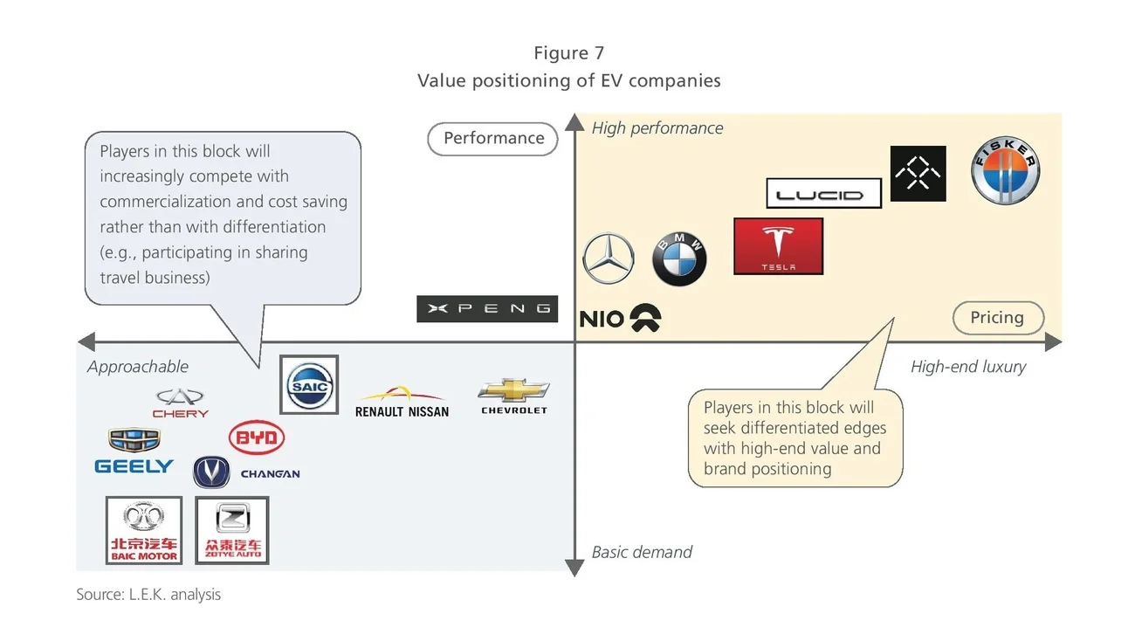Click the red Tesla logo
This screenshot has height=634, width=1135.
pyautogui.click(x=778, y=246)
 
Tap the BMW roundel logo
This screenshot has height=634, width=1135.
pyautogui.click(x=679, y=258)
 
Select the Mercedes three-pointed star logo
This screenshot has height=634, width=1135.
pyautogui.click(x=609, y=259)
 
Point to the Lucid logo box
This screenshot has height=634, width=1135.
pyautogui.click(x=823, y=193)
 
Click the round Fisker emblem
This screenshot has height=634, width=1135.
pyautogui.click(x=1006, y=171)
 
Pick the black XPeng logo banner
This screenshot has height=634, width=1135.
pyautogui.click(x=487, y=309)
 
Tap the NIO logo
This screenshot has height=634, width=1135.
pyautogui.click(x=621, y=319)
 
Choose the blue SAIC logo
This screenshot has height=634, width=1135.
pyautogui.click(x=309, y=384)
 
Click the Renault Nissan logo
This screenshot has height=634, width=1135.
pyautogui.click(x=402, y=403)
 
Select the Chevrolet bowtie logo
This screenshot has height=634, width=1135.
pyautogui.click(x=514, y=396)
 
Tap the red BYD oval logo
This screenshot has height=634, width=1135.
pyautogui.click(x=256, y=438)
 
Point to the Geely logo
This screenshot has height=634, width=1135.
pyautogui.click(x=134, y=452)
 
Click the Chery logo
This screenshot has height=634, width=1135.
pyautogui.click(x=181, y=403)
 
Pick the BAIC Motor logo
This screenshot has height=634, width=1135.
pyautogui.click(x=144, y=531)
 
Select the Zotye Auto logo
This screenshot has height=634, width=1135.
pyautogui.click(x=232, y=531)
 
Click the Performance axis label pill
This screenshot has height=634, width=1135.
pyautogui.click(x=493, y=138)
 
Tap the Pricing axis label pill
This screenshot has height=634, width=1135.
pyautogui.click(x=998, y=318)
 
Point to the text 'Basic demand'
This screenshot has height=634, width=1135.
pyautogui.click(x=642, y=552)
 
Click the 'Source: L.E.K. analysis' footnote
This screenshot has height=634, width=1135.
pyautogui.click(x=148, y=595)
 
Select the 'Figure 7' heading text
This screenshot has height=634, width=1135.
pyautogui.click(x=568, y=53)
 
